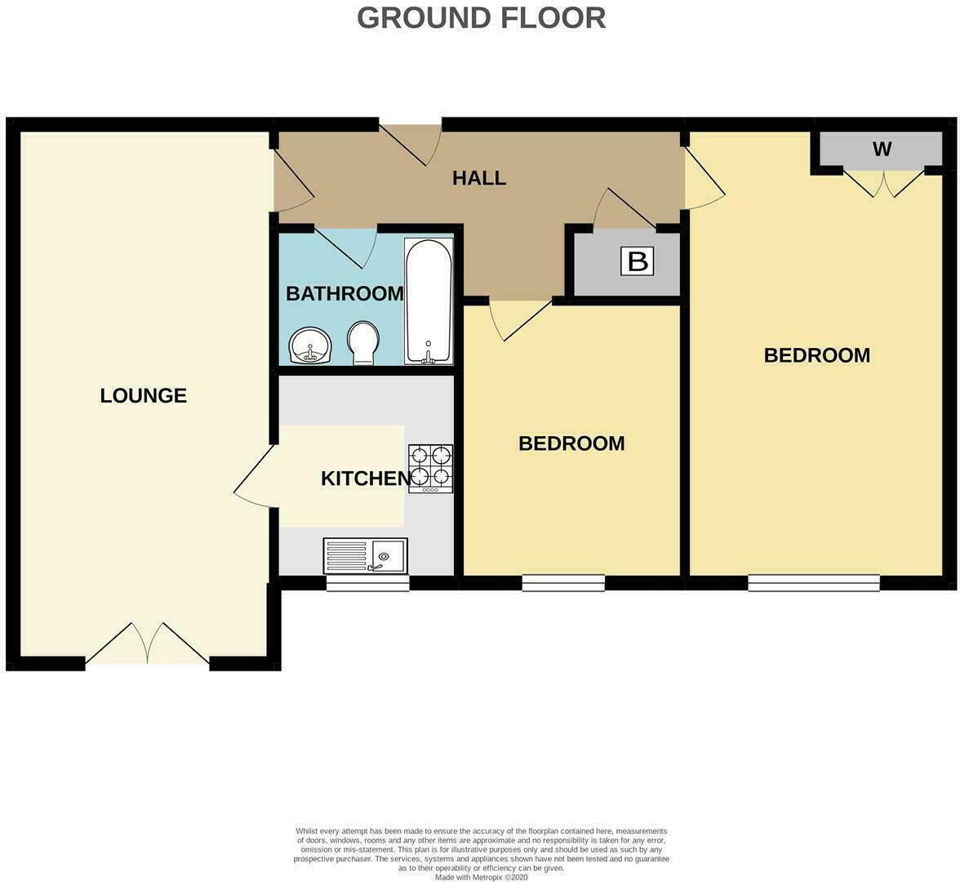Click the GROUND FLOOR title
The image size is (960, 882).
pos(481,17)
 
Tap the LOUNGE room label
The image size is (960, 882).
pos(144,396)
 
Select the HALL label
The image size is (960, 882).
pos(479,178)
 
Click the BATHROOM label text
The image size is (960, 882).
pos(344,294)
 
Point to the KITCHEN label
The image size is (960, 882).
pos(365,479)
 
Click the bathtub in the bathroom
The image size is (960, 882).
pos(428,301)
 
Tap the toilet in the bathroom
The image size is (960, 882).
pos(362,342)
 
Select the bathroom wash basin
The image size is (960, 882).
pos(310,345)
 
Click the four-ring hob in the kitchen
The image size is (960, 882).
pos(430,468)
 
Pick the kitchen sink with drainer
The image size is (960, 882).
pos(365,556)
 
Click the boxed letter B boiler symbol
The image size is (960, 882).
pos(638,262)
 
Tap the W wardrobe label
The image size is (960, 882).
pos(882,149)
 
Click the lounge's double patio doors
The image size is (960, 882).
pos(148,645)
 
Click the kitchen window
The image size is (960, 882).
pos(367,583)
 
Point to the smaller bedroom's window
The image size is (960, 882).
pos(563,583)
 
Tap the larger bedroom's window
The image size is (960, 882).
pos(813,583)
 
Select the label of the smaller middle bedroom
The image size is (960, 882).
pos(571,443)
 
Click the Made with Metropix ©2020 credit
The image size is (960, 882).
pos(481,877)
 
